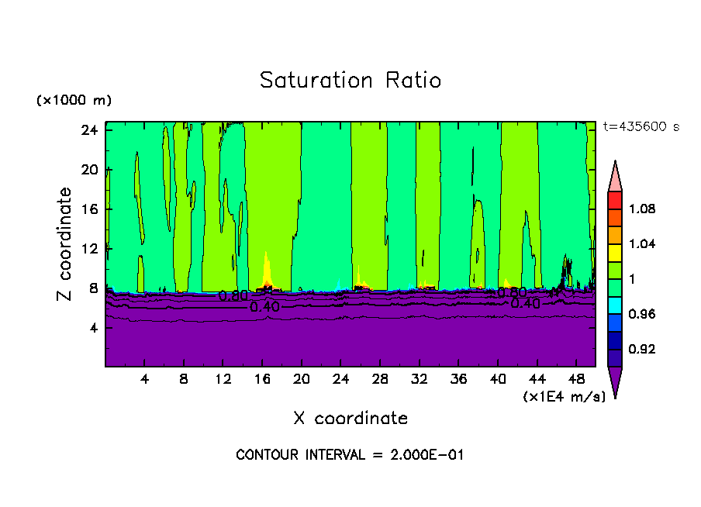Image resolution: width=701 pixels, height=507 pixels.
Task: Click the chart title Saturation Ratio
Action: (x=350, y=81)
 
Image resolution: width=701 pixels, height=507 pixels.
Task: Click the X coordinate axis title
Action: (x=350, y=419)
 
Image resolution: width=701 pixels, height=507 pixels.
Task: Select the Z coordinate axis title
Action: (x=66, y=243)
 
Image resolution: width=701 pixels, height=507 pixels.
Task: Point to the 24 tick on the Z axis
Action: (x=90, y=129)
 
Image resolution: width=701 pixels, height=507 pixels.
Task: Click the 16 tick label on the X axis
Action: (x=262, y=380)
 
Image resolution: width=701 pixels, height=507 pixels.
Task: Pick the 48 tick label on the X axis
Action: (x=577, y=380)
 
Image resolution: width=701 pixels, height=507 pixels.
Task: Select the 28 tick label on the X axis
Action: (x=380, y=380)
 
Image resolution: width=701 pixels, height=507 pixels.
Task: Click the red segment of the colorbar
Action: (x=615, y=199)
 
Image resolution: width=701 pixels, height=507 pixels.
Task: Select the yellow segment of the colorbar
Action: (x=615, y=252)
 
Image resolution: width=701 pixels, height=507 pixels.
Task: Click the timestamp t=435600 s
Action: (x=641, y=127)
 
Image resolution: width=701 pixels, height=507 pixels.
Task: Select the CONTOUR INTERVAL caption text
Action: (x=350, y=455)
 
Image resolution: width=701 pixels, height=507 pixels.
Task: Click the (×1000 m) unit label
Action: (x=74, y=101)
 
